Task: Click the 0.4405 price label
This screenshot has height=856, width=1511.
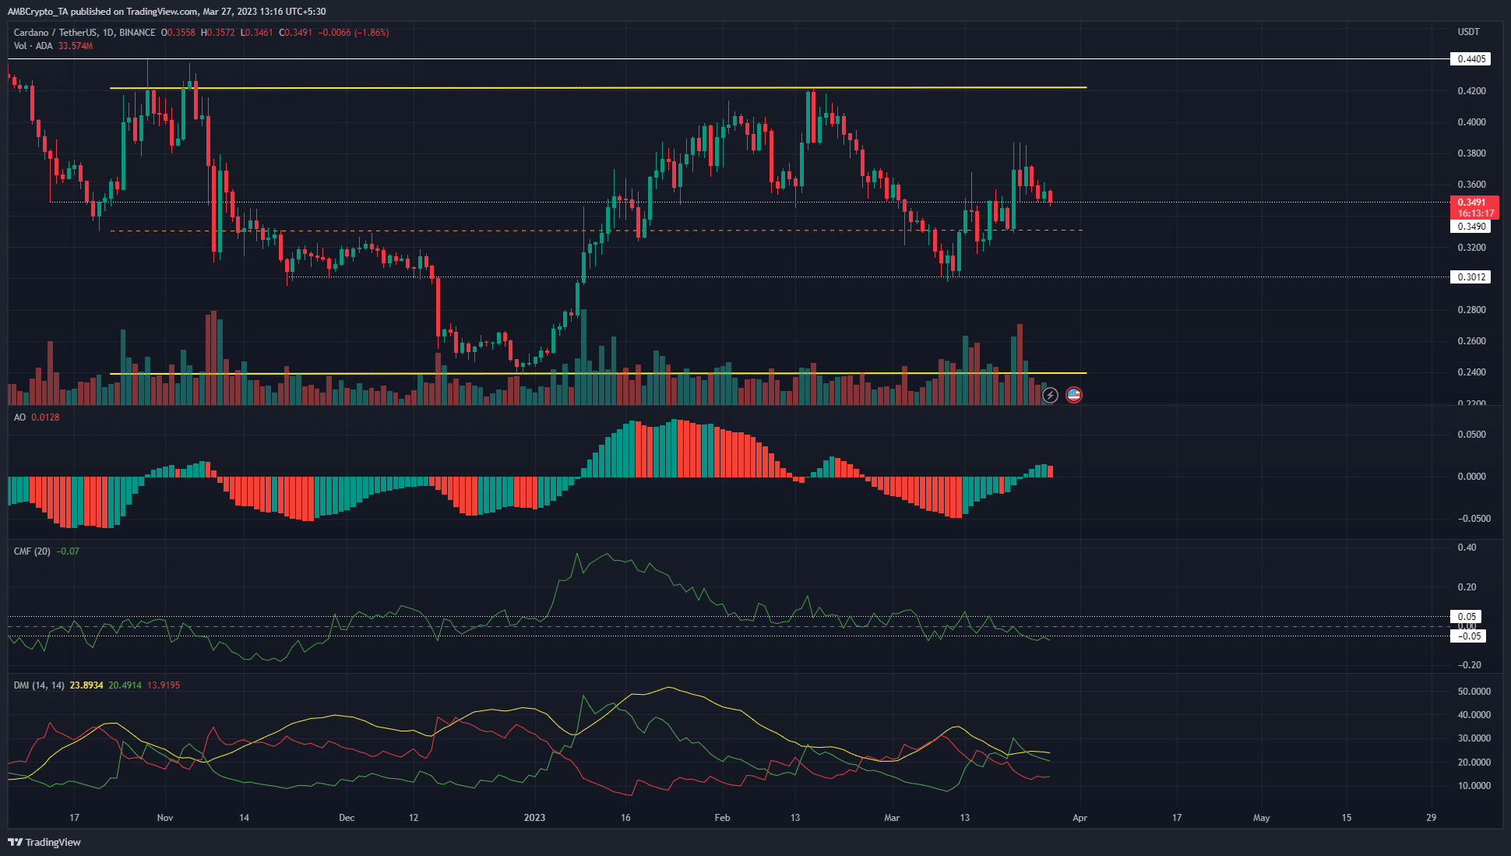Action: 1470,59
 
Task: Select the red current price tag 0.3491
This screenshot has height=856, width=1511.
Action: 1472,203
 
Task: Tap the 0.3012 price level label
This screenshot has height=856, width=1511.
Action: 1470,277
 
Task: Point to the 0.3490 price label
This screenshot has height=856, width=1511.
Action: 1470,227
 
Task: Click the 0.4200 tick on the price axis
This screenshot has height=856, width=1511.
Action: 1471,91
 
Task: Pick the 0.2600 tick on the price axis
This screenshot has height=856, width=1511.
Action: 1471,341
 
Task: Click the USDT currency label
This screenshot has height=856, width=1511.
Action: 1468,32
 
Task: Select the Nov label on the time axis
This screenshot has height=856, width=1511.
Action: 165,818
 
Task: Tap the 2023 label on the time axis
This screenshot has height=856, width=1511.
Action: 534,818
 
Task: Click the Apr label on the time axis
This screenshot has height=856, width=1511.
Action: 1080,818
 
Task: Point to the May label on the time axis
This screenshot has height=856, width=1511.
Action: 1261,818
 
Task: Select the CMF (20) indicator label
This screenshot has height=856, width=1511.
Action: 32,551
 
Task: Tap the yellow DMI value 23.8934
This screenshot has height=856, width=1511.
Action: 86,685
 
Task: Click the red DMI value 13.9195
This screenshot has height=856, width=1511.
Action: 164,685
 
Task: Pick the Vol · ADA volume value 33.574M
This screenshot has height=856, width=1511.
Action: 76,46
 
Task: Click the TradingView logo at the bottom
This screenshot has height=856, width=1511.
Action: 44,842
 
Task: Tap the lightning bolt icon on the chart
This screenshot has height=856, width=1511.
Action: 1050,395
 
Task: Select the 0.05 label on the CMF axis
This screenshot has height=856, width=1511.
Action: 1467,617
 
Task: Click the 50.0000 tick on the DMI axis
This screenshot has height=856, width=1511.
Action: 1474,692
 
